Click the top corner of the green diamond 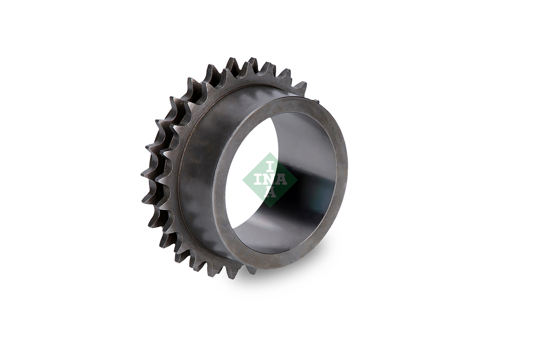pos(270,153)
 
